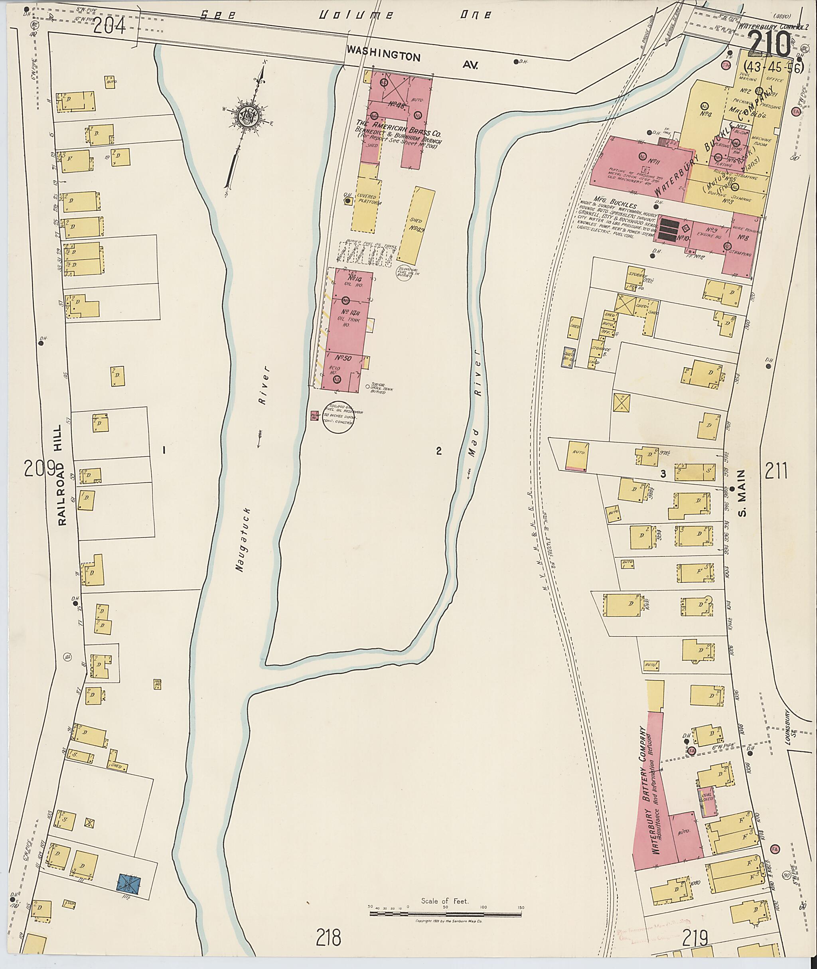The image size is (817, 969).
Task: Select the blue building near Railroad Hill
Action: coord(130,883)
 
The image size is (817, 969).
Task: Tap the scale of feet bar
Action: coord(446,914)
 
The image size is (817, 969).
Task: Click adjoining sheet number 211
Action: coord(776,471)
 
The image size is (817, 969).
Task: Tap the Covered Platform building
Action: coord(367,200)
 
